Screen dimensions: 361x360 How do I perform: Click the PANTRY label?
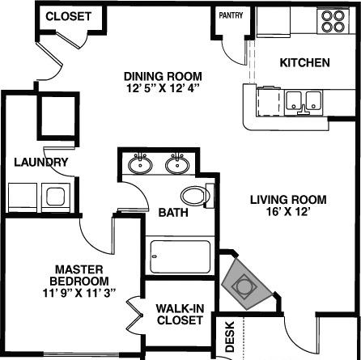pyautogui.click(x=231, y=15)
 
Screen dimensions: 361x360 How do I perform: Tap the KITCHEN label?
pyautogui.click(x=304, y=62)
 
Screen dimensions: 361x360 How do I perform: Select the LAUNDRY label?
pyautogui.click(x=41, y=162)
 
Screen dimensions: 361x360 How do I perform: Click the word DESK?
pyautogui.click(x=230, y=337)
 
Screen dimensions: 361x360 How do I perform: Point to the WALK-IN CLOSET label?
pyautogui.click(x=180, y=315)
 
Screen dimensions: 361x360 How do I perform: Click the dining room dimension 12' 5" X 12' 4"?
pyautogui.click(x=163, y=88)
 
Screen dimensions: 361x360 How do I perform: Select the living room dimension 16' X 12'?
pyautogui.click(x=287, y=211)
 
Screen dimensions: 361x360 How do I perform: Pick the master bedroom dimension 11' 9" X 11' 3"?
pyautogui.click(x=79, y=293)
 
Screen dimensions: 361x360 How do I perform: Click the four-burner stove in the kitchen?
pyautogui.click(x=333, y=21)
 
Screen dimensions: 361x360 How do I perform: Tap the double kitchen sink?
pyautogui.click(x=304, y=103)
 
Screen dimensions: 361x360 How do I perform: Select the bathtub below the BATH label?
pyautogui.click(x=180, y=256)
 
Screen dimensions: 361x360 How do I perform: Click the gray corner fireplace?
pyautogui.click(x=246, y=284)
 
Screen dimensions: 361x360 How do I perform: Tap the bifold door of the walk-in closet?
pyautogui.click(x=135, y=315)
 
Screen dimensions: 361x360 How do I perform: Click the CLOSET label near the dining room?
pyautogui.click(x=68, y=16)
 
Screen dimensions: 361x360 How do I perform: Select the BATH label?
pyautogui.click(x=173, y=213)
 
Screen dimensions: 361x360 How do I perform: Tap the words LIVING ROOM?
pyautogui.click(x=288, y=200)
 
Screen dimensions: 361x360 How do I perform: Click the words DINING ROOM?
pyautogui.click(x=163, y=76)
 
